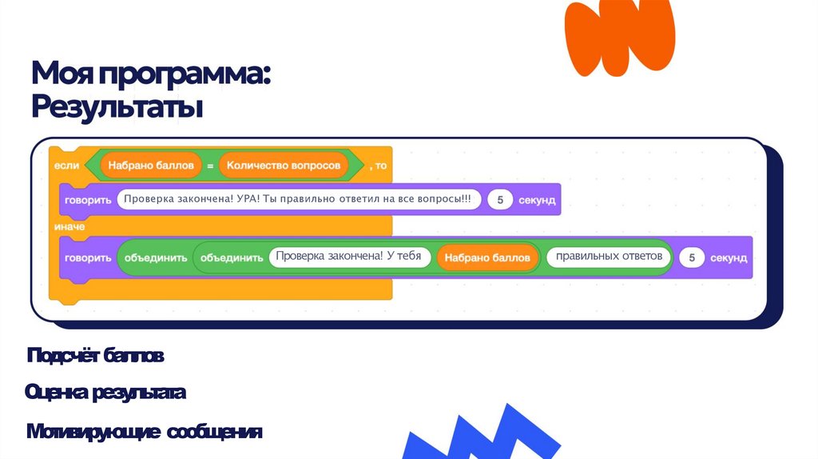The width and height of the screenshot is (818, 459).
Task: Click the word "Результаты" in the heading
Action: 117,107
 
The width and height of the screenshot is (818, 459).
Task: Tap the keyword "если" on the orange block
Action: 66,166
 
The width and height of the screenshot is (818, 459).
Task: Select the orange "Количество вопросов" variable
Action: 284,166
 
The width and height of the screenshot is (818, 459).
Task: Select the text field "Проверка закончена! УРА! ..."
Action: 299,199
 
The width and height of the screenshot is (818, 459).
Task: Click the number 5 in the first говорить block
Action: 500,200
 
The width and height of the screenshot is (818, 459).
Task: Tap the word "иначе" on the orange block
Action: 69,227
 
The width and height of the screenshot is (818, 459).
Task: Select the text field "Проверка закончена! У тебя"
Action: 350,257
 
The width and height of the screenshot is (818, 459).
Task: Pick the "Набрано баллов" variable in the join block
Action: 487,257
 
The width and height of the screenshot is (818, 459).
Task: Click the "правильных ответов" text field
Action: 609,257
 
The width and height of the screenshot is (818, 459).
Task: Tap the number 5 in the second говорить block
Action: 692,257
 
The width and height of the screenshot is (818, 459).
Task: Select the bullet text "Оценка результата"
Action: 105,393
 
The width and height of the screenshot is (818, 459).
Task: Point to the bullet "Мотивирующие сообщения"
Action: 144,433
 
